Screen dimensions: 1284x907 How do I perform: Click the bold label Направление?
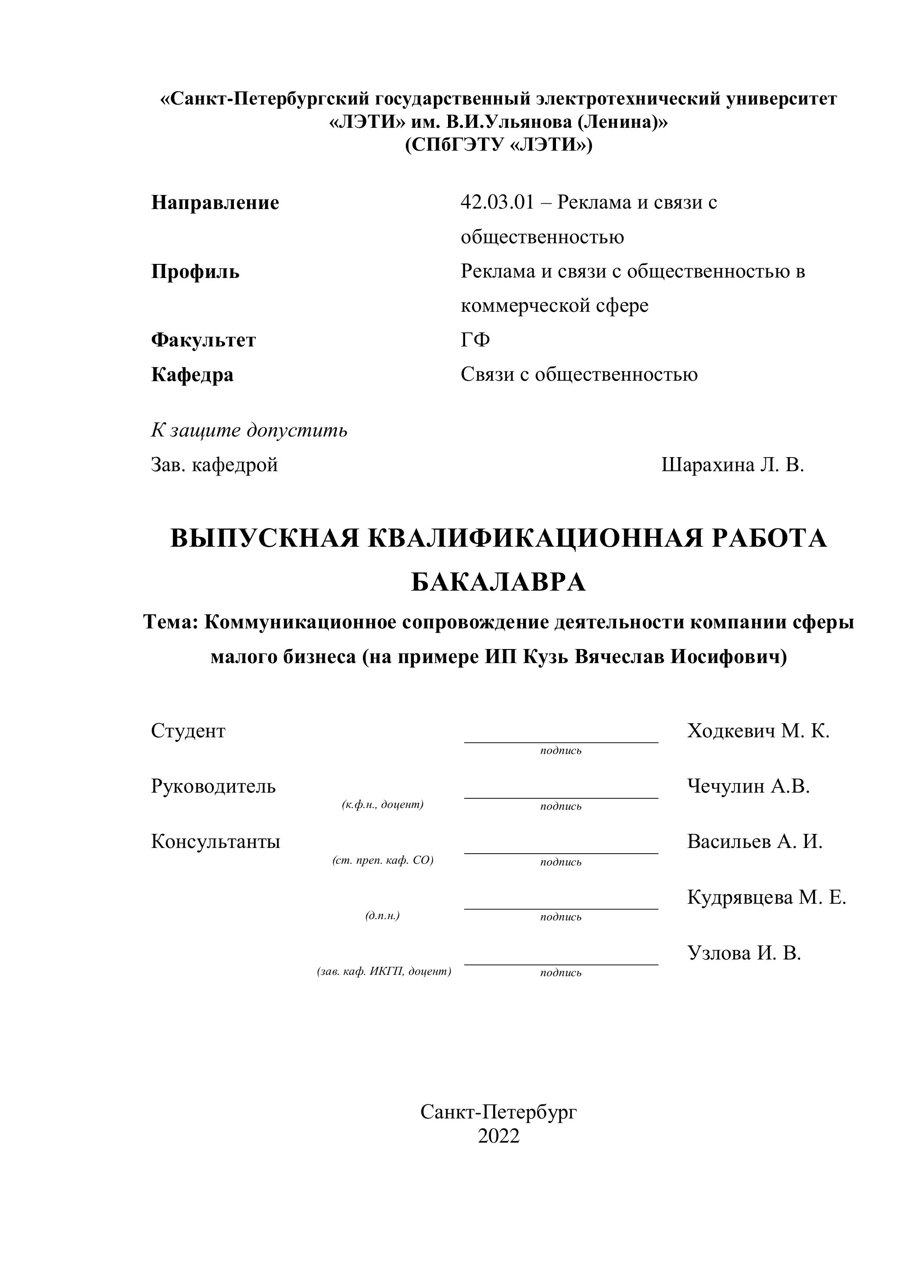(215, 202)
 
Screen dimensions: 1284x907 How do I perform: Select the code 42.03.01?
(497, 202)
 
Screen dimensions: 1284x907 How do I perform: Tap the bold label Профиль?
(195, 272)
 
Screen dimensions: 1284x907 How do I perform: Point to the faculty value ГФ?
(475, 340)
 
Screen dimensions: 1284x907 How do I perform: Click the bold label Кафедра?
(192, 375)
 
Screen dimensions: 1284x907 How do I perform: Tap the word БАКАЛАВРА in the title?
(498, 583)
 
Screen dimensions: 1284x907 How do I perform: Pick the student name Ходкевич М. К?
(758, 731)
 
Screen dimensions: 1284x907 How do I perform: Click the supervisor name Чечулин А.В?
(748, 786)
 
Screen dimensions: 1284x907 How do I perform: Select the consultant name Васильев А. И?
(754, 842)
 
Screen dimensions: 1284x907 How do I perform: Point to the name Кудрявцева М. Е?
(766, 897)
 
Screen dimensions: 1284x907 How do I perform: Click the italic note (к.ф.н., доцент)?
(383, 805)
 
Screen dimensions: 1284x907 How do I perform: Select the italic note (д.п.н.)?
(383, 916)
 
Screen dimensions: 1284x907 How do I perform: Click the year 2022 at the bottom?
(498, 1136)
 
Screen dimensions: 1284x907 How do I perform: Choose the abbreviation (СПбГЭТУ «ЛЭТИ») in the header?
(498, 145)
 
